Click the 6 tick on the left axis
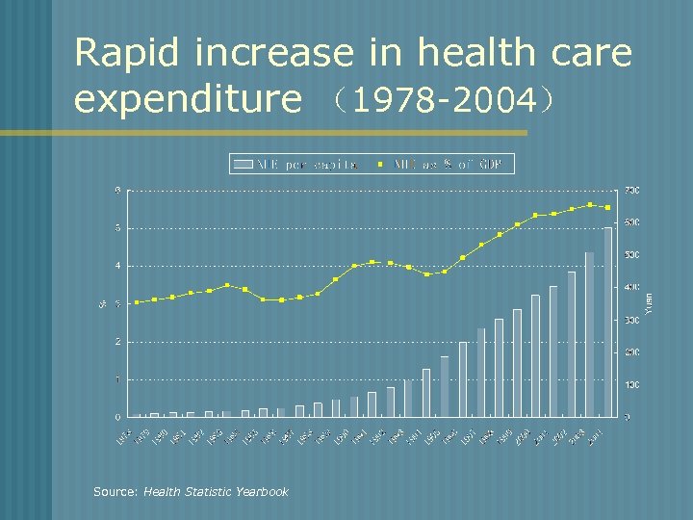(117, 190)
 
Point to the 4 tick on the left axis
(117, 266)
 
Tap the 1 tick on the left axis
(117, 379)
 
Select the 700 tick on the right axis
(631, 191)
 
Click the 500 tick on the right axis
(631, 255)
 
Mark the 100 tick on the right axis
(631, 385)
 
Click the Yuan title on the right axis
(650, 302)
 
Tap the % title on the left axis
(103, 303)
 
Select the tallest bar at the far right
(607, 322)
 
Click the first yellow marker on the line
(137, 302)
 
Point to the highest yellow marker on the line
(589, 204)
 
